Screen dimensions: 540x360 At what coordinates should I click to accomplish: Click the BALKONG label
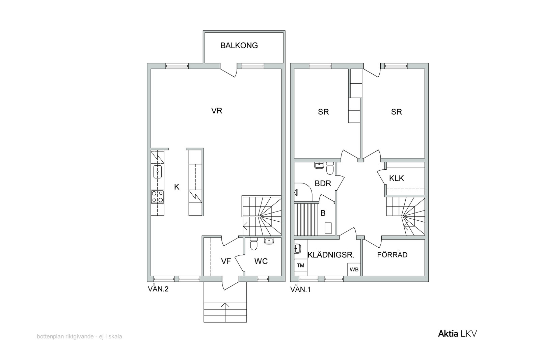pyautogui.click(x=239, y=45)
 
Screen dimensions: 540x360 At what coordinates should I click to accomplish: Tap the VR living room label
pyautogui.click(x=216, y=111)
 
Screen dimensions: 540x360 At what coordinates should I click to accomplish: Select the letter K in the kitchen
pyautogui.click(x=177, y=187)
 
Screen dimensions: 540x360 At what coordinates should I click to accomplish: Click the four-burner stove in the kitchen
pyautogui.click(x=157, y=197)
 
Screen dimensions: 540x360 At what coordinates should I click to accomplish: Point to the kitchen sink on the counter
pyautogui.click(x=157, y=172)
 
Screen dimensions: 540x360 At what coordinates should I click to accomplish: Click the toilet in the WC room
pyautogui.click(x=253, y=244)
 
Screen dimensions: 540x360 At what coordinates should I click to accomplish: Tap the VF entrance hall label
pyautogui.click(x=226, y=261)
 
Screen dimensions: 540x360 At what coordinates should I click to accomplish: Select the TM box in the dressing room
pyautogui.click(x=301, y=266)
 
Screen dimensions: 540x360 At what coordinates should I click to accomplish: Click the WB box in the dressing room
pyautogui.click(x=354, y=269)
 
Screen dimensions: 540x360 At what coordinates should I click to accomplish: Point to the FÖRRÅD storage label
pyautogui.click(x=392, y=254)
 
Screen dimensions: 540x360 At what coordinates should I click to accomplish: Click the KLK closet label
pyautogui.click(x=396, y=178)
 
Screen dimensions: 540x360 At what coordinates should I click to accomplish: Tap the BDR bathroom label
pyautogui.click(x=323, y=183)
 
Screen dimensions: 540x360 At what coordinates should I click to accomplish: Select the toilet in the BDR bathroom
pyautogui.click(x=330, y=168)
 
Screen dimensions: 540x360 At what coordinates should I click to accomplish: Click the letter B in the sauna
pyautogui.click(x=323, y=213)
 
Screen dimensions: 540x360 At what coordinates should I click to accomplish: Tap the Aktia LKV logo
pyautogui.click(x=457, y=333)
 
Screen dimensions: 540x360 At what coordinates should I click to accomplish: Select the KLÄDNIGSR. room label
pyautogui.click(x=331, y=255)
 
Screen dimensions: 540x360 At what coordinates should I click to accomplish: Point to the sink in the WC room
pyautogui.click(x=269, y=241)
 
